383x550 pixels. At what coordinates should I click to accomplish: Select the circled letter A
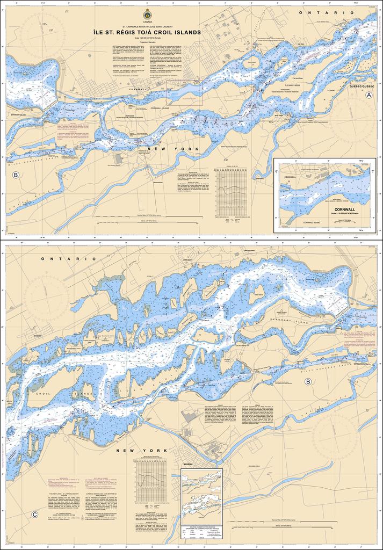point(368,95)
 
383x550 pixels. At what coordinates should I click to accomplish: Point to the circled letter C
point(35,515)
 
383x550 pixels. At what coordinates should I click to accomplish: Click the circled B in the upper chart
point(16,175)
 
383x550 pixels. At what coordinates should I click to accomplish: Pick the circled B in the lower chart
point(308,381)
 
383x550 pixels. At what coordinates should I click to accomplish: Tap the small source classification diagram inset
point(201,496)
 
